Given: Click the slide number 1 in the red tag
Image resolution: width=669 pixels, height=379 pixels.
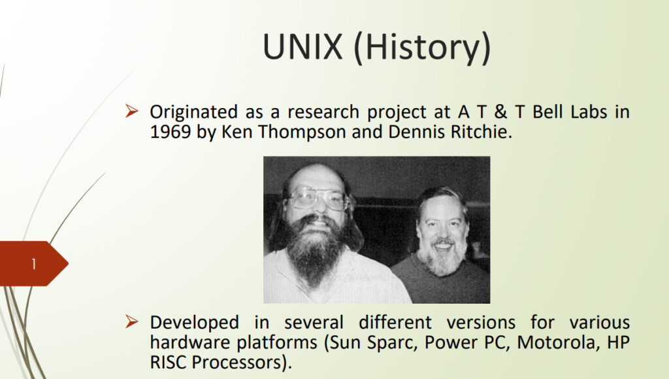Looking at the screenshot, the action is click(x=33, y=264).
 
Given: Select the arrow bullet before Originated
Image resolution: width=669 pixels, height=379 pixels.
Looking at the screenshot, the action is click(x=132, y=111).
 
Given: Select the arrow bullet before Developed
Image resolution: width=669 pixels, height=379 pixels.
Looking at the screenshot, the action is click(x=132, y=321).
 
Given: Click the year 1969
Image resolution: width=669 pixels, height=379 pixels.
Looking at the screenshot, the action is click(x=171, y=132).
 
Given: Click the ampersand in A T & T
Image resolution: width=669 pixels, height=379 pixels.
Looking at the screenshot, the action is click(x=500, y=112).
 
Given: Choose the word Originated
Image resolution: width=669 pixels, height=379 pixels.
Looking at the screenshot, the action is click(x=193, y=113).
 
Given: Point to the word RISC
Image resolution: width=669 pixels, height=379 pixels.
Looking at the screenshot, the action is click(x=168, y=363).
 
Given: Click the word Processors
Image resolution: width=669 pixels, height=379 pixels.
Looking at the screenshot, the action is click(x=238, y=363).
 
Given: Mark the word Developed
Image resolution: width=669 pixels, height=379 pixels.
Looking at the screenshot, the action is click(x=194, y=323).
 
